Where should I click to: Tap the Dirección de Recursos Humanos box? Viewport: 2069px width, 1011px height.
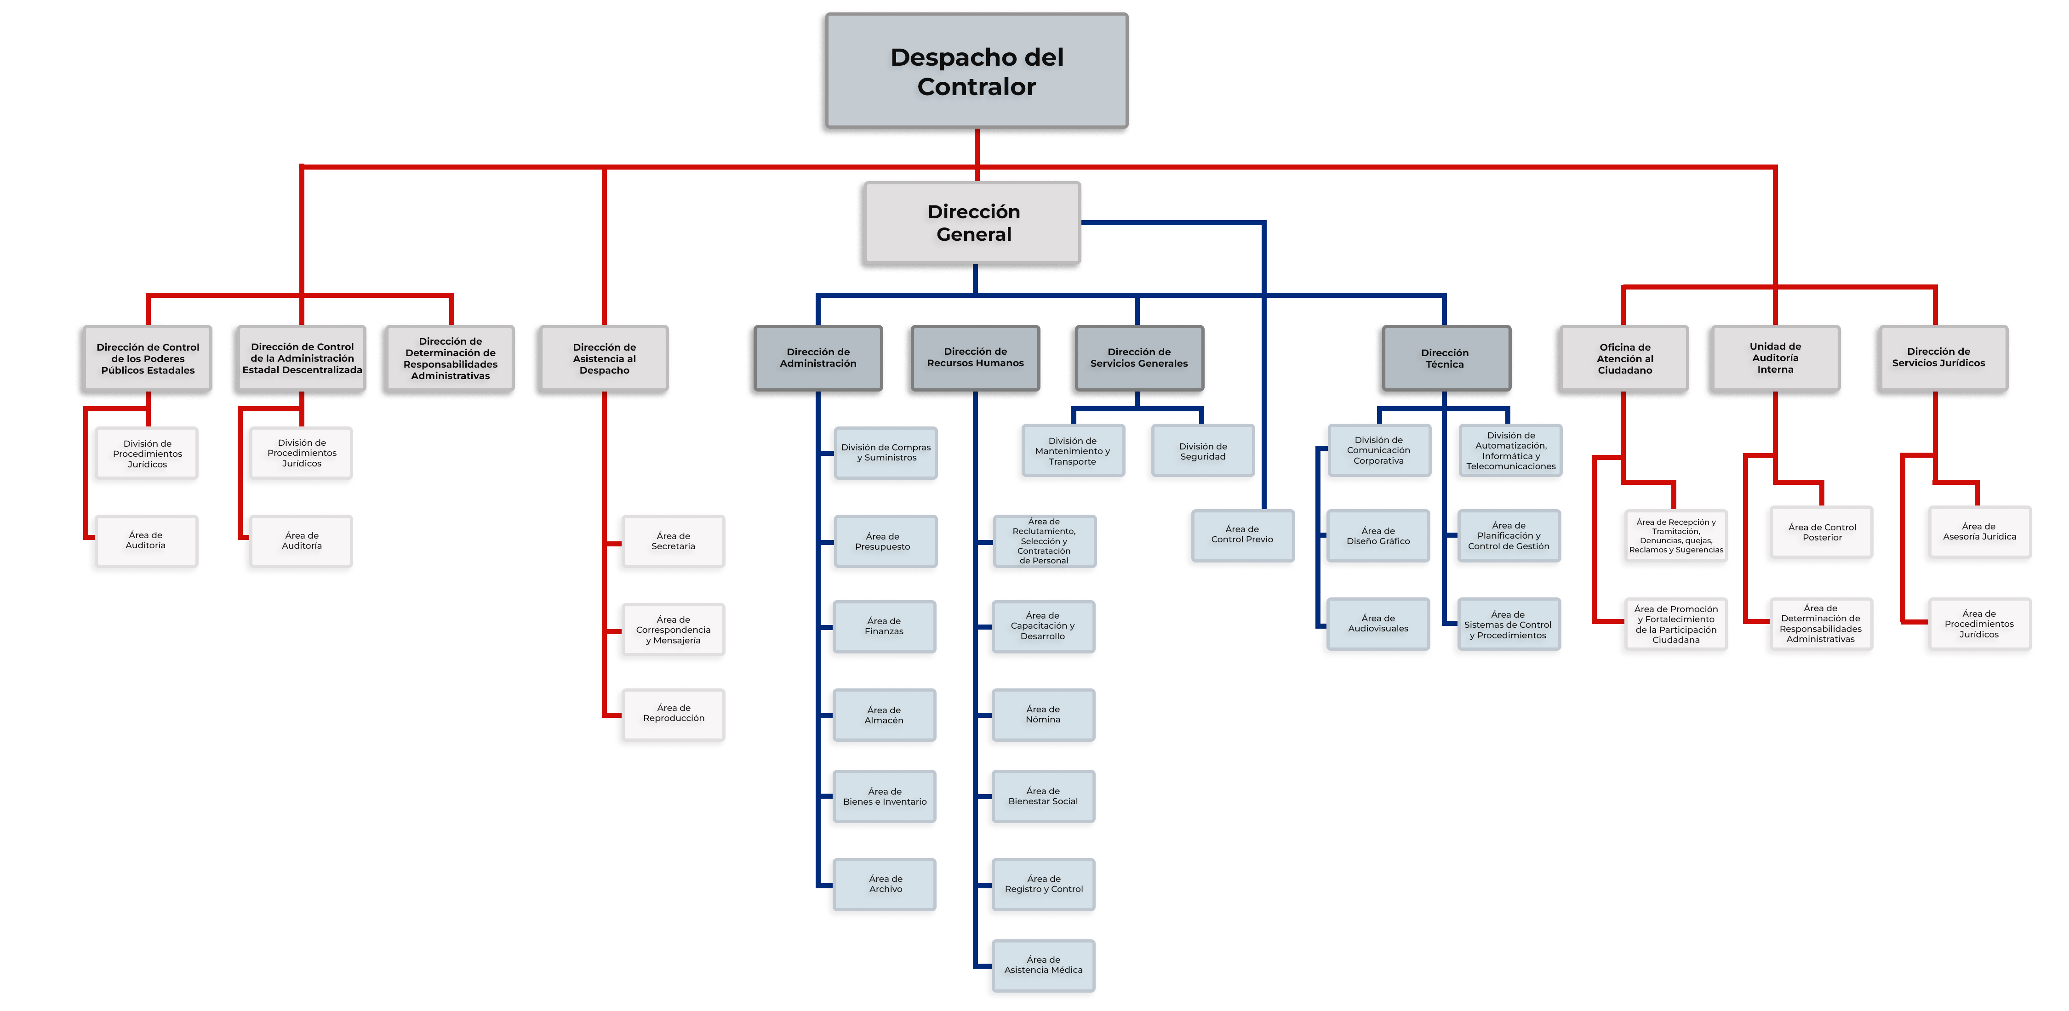click(x=975, y=358)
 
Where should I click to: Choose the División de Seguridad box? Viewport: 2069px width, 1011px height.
click(x=1202, y=451)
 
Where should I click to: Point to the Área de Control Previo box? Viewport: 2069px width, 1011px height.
click(x=1242, y=534)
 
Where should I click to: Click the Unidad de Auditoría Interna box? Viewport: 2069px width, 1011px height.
click(x=1775, y=358)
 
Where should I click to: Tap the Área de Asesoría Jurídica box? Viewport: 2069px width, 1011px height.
click(x=1978, y=532)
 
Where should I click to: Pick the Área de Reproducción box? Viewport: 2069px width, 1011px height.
click(x=673, y=713)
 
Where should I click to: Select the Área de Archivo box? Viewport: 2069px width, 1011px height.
click(x=885, y=884)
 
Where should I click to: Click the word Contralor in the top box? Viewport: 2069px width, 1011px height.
click(x=976, y=87)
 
